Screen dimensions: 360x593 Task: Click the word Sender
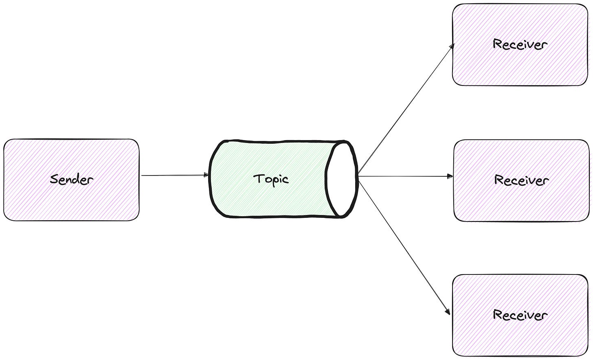click(x=72, y=179)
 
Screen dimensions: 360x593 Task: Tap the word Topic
click(x=271, y=179)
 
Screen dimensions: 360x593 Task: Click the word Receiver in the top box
click(x=520, y=44)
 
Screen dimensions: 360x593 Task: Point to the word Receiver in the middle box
click(x=521, y=180)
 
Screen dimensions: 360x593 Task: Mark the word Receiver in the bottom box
click(x=520, y=315)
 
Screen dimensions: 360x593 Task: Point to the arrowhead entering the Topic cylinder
click(x=206, y=175)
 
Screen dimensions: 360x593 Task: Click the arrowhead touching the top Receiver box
click(x=452, y=46)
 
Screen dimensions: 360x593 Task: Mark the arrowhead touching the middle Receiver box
click(x=450, y=176)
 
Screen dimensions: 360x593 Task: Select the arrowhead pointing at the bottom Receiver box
click(x=448, y=312)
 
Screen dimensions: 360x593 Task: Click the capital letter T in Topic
click(x=258, y=178)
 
